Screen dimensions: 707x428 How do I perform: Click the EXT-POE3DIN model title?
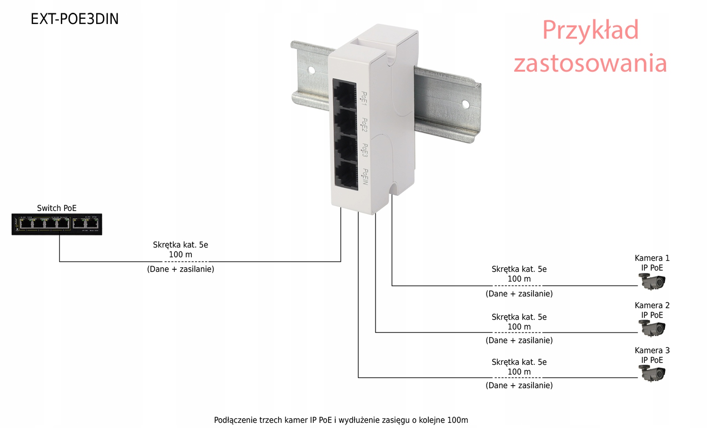tap(74, 19)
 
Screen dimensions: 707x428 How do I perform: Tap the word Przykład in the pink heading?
tap(590, 30)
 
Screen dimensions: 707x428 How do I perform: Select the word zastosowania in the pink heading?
tap(590, 63)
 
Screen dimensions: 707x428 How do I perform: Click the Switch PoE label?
tap(57, 208)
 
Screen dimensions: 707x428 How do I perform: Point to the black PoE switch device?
tap(57, 224)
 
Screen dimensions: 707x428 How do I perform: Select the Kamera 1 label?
tap(652, 258)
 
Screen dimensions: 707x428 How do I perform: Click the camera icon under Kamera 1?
tap(652, 282)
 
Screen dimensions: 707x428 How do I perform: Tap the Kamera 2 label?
tap(652, 305)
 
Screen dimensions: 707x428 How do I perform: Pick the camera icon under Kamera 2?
tap(652, 328)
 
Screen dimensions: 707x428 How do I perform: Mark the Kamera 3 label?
tap(652, 350)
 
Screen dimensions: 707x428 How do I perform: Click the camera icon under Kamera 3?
tap(652, 374)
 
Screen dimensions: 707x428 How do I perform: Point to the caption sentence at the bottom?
tap(341, 420)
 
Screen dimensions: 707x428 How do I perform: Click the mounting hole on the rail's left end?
tap(311, 70)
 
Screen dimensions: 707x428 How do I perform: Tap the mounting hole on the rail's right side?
tap(466, 104)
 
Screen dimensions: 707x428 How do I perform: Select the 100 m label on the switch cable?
tap(181, 255)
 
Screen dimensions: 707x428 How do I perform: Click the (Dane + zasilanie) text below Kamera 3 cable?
tap(519, 385)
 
